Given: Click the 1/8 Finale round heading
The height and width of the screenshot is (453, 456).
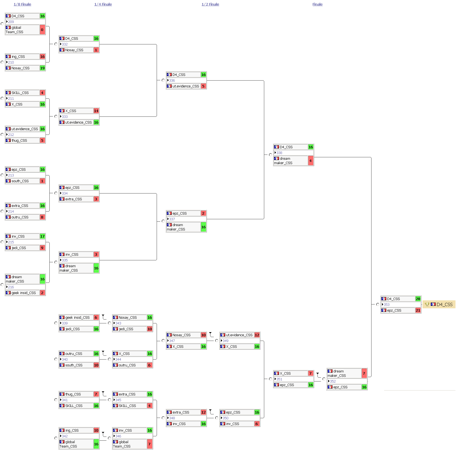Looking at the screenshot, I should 22,4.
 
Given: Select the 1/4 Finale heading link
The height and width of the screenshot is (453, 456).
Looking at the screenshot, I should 103,4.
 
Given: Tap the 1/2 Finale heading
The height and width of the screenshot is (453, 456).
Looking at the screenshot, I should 210,4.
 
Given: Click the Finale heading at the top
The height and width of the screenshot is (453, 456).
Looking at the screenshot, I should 317,4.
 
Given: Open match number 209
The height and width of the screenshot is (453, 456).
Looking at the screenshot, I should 11,22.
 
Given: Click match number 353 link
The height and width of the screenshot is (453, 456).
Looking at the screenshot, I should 386,304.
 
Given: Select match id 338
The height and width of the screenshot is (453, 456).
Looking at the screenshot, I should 279,153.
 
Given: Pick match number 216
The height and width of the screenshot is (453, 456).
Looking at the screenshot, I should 11,287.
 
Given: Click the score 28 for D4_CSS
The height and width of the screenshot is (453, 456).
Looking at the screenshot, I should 418,299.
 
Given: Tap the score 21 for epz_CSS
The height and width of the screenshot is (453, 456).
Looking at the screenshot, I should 418,310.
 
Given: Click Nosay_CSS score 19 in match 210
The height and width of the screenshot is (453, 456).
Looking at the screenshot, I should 42,68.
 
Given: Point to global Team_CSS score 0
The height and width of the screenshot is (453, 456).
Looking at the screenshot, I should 42,30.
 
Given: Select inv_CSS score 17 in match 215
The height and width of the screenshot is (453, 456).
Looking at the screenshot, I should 42,236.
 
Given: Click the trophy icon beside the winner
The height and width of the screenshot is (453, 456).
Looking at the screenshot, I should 427,304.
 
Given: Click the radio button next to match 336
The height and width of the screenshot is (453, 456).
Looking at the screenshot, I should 163,80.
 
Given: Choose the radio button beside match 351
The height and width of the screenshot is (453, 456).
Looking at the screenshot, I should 271,379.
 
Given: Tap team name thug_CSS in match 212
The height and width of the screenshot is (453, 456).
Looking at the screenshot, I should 19,140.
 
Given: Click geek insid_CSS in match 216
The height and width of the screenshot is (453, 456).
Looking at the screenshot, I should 24,293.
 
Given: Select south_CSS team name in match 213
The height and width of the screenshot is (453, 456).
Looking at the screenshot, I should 20,181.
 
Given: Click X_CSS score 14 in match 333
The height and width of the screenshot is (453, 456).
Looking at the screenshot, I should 96,111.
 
